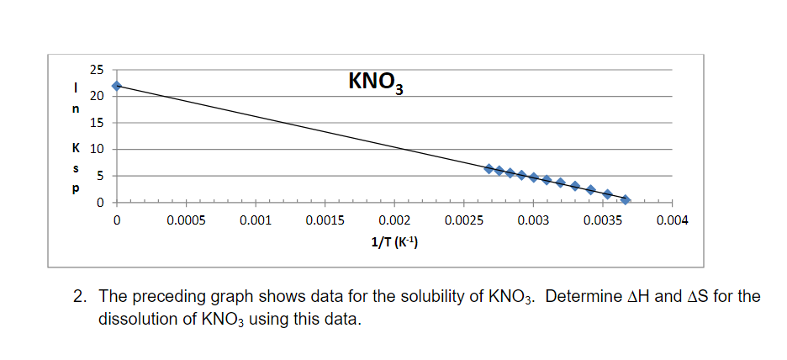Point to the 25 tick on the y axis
click(x=98, y=69)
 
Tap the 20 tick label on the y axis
click(x=98, y=96)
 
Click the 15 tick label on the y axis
click(x=98, y=123)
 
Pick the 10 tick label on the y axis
click(x=98, y=150)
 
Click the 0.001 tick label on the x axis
click(x=255, y=220)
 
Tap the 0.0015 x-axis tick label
click(x=325, y=220)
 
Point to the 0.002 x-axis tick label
click(x=394, y=220)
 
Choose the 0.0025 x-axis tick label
click(x=463, y=220)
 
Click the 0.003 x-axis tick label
click(x=533, y=220)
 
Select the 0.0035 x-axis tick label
click(x=603, y=220)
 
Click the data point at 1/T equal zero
click(x=117, y=86)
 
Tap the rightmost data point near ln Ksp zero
click(x=625, y=199)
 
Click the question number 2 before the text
click(x=80, y=297)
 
